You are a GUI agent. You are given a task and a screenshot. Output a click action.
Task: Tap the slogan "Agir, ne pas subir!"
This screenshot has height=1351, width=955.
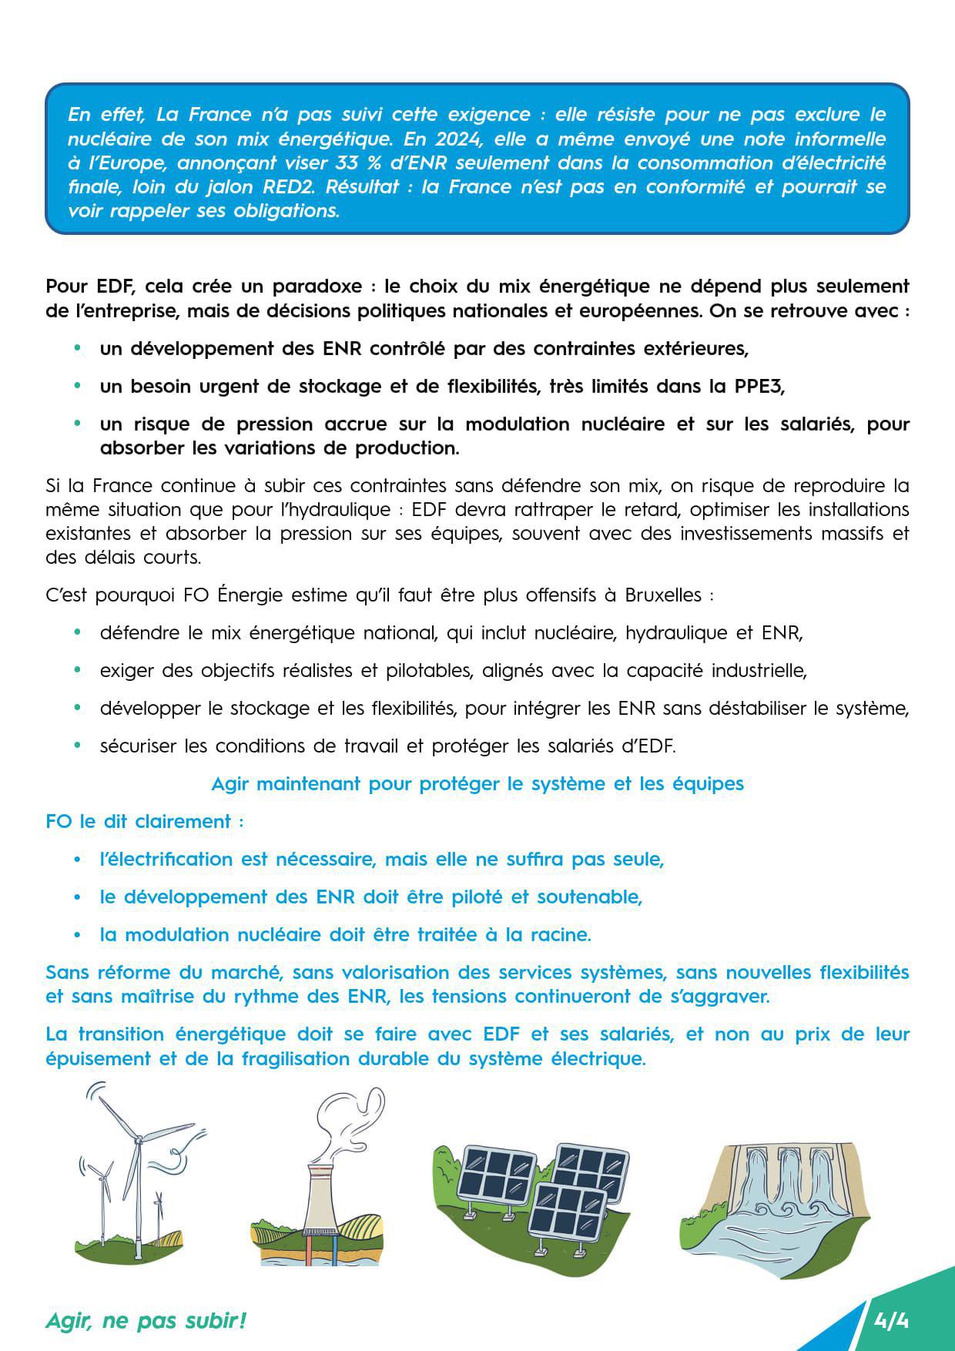(x=146, y=1321)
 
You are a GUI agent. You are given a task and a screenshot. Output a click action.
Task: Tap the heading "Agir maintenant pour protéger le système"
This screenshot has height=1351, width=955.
(x=477, y=783)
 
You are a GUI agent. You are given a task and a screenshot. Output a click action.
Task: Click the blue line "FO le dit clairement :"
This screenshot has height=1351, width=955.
(x=145, y=821)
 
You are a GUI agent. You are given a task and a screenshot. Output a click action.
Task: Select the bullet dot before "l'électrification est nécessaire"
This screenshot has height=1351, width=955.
(x=77, y=859)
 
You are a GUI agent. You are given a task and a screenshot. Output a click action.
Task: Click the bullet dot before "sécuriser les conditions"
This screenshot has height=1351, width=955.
(x=77, y=746)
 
